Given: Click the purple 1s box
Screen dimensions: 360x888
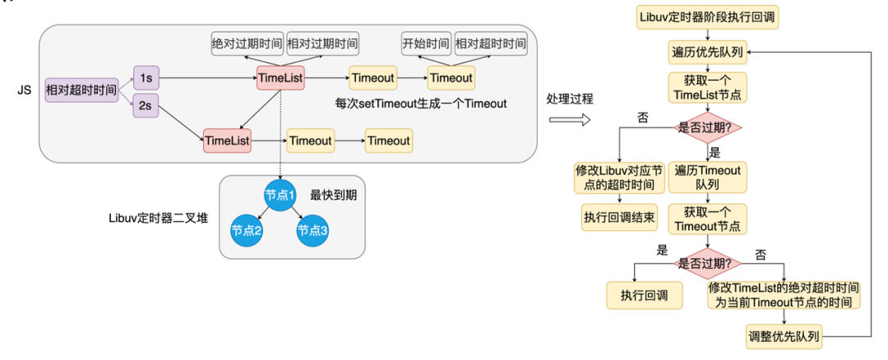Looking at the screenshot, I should pyautogui.click(x=145, y=78).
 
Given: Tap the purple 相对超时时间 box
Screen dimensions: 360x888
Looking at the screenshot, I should pyautogui.click(x=81, y=89).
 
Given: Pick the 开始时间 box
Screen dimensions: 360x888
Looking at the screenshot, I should pyautogui.click(x=425, y=43).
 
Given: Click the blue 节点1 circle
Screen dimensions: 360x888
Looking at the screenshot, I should pyautogui.click(x=280, y=196).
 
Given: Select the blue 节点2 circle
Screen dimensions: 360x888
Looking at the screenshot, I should pyautogui.click(x=246, y=231).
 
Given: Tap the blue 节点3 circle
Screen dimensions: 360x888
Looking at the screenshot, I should pyautogui.click(x=313, y=231).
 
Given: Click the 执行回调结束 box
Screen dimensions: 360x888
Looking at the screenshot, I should pyautogui.click(x=618, y=219).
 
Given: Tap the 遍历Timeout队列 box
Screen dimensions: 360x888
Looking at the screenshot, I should pyautogui.click(x=707, y=177).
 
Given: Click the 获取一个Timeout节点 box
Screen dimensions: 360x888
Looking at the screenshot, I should pyautogui.click(x=707, y=219).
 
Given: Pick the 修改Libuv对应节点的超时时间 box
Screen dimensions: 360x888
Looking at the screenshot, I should pyautogui.click(x=618, y=177).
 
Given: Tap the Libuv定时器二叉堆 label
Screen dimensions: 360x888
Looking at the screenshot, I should pyautogui.click(x=160, y=218).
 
